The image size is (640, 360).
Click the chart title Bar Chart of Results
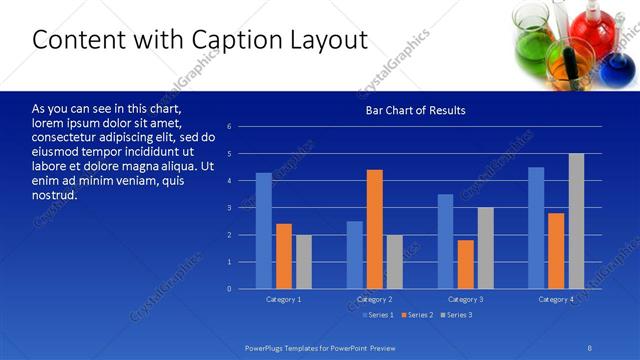pyautogui.click(x=415, y=110)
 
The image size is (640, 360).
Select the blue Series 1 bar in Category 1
pyautogui.click(x=263, y=231)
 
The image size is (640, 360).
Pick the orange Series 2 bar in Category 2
pyautogui.click(x=375, y=229)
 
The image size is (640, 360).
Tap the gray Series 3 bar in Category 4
pyautogui.click(x=576, y=221)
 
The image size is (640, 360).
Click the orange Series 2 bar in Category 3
pyautogui.click(x=466, y=264)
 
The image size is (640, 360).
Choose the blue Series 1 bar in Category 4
pyautogui.click(x=536, y=228)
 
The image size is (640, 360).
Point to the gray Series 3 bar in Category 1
pyautogui.click(x=303, y=262)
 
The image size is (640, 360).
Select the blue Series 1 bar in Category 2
pyautogui.click(x=355, y=255)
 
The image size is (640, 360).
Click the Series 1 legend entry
pyautogui.click(x=379, y=315)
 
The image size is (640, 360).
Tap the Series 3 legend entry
pyautogui.click(x=457, y=315)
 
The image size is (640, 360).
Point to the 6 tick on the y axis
pyautogui.click(x=229, y=127)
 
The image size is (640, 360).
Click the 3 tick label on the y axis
pyautogui.click(x=229, y=208)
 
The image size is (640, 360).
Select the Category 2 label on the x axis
pyautogui.click(x=374, y=299)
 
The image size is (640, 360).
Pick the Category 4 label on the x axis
pyautogui.click(x=556, y=299)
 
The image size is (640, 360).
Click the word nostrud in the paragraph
pyautogui.click(x=54, y=194)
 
